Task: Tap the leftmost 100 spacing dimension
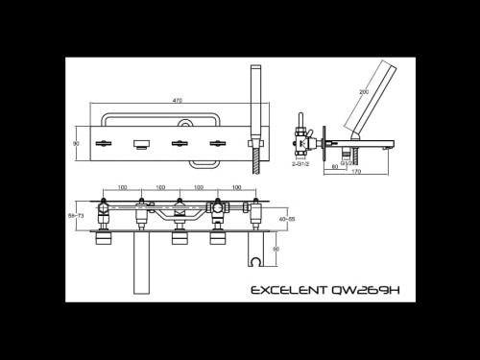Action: coord(122,188)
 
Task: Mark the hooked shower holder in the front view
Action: coord(254,258)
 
